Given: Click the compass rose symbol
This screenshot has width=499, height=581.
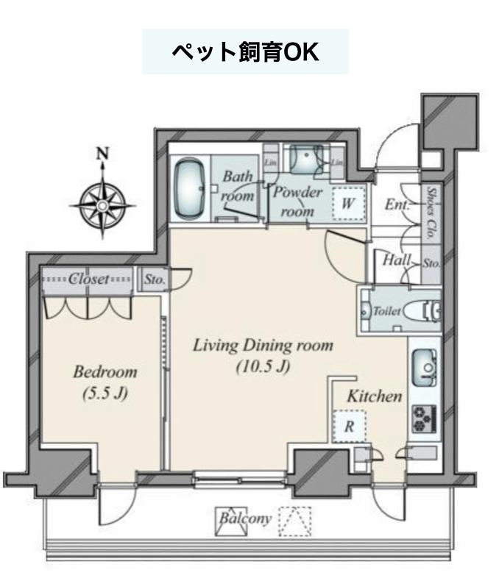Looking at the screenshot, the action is coord(103,205).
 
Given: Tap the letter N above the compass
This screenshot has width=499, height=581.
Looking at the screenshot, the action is coord(103,154).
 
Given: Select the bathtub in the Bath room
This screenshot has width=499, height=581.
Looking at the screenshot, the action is coord(190,189).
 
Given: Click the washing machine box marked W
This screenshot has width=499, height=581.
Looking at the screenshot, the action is coord(348,204).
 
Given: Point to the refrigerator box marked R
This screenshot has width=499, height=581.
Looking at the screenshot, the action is coord(349,426).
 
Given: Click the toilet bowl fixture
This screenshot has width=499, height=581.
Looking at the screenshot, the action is coord(421,310).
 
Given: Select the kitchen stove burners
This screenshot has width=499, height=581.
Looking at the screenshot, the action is coord(425,419).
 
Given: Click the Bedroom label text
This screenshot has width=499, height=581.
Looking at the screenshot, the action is coord(105,371).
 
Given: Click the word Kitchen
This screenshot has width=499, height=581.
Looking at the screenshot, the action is coord(375,396).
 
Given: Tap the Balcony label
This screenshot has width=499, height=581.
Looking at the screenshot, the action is coord(245,518).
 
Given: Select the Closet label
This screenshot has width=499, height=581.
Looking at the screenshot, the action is coord(89,279).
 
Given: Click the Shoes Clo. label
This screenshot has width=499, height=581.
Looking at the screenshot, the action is coord(431,213).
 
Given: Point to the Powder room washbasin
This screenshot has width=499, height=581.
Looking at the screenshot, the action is coord(307,159).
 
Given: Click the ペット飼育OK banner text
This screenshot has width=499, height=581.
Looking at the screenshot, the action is coord(245,52).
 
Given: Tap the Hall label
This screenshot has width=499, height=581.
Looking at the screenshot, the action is coord(397,260).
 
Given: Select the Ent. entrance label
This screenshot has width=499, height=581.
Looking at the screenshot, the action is coord(397,204).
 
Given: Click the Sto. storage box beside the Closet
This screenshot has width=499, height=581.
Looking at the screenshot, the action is coord(155,279).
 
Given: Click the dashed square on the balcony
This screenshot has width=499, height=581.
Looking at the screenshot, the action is coord(295,521).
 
